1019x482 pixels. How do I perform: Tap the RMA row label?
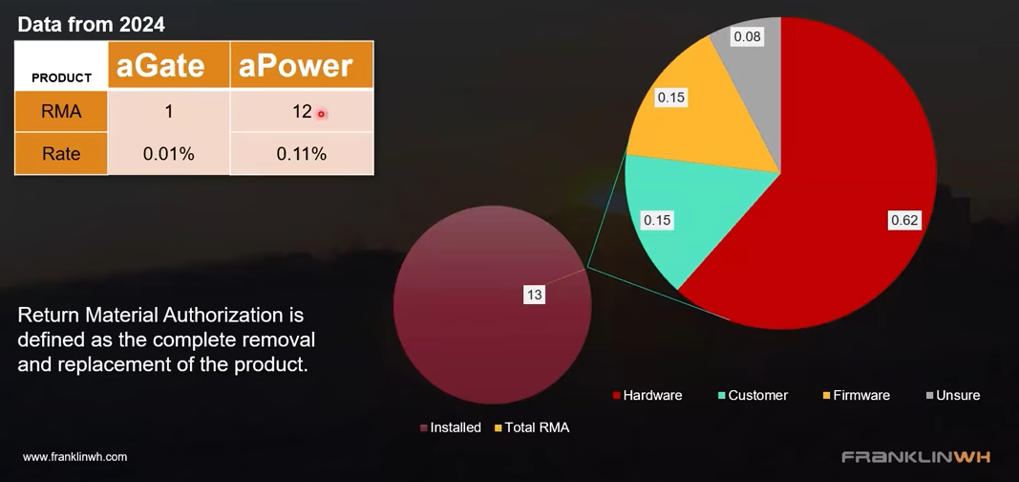point(61,112)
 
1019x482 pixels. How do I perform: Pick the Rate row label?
point(61,154)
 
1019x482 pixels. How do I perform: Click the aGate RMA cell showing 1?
point(169,112)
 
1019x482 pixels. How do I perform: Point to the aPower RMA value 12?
point(302,112)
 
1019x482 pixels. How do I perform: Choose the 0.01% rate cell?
point(169,154)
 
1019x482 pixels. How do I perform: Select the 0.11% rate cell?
point(302,154)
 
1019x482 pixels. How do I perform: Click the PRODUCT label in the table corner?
point(62,78)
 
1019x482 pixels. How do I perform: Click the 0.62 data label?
point(904,221)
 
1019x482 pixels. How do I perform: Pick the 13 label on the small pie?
point(534,296)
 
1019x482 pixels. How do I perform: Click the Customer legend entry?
point(753,396)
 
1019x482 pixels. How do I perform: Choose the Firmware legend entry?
point(856,396)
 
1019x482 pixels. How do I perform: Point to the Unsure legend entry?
point(952,396)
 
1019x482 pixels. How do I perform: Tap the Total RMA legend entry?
point(532,428)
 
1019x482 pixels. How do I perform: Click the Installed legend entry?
point(451,428)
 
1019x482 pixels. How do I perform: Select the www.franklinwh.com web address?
point(74,457)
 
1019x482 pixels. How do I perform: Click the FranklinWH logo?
point(916,456)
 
